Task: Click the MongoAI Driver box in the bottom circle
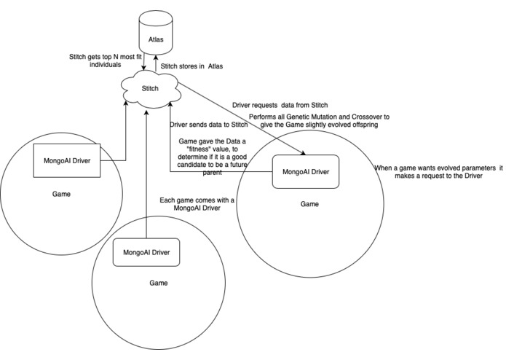146,251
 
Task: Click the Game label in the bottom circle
157,283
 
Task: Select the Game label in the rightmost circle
310,205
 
